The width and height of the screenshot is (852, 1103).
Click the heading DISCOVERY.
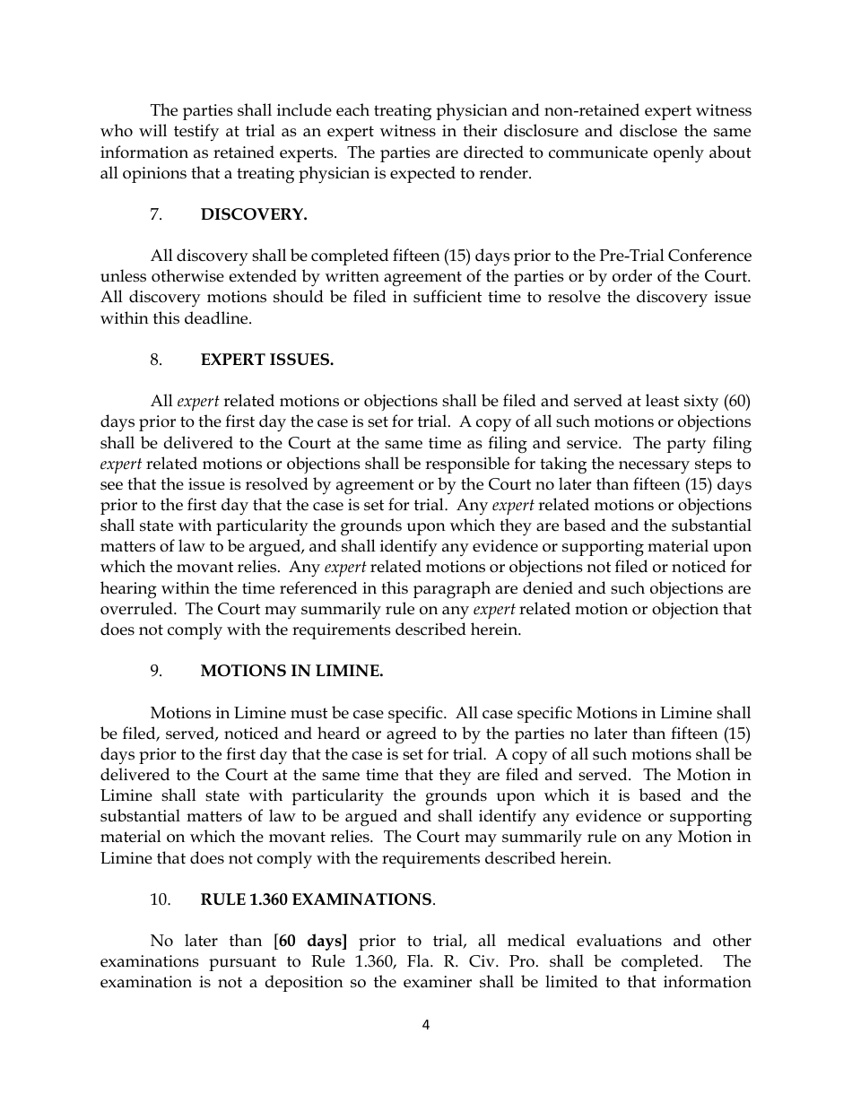[x=254, y=214]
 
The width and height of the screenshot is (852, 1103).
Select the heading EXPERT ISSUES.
[x=267, y=360]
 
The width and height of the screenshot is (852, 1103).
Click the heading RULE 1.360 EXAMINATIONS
[x=317, y=899]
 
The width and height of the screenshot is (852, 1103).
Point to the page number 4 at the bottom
[x=426, y=1025]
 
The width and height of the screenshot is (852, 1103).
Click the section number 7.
[x=156, y=214]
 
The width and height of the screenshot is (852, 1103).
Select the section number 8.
[x=156, y=360]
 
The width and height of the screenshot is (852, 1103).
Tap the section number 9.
[x=156, y=671]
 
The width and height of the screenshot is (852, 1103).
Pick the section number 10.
[x=160, y=899]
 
